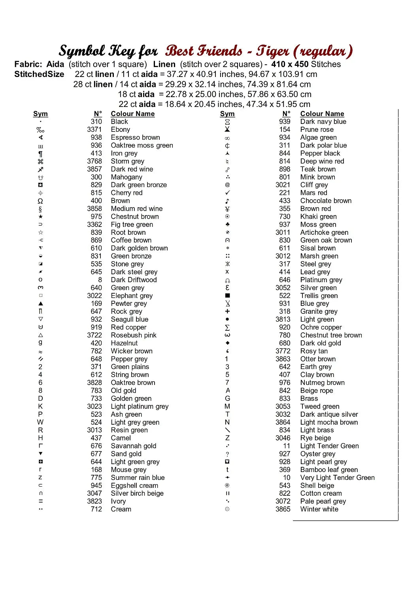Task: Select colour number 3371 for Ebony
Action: coord(94,129)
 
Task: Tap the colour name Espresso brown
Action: coord(135,137)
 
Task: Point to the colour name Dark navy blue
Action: coord(323,122)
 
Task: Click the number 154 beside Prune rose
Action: coord(285,129)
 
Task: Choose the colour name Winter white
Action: coord(319,509)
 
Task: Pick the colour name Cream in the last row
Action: coord(121,509)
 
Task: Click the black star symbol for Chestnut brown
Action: coord(40,217)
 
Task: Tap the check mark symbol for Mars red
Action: coord(227,193)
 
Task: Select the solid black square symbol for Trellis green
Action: coord(227,296)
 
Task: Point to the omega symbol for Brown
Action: coord(40,201)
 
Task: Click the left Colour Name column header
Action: coord(132,114)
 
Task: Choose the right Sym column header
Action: coord(227,114)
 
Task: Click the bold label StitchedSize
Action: coord(39,74)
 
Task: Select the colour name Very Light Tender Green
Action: coord(337,478)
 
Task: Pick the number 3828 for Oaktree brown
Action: coord(94,382)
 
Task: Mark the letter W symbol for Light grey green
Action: coord(40,422)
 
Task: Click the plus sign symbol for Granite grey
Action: coord(227,311)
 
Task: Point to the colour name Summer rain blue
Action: coord(138,478)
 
